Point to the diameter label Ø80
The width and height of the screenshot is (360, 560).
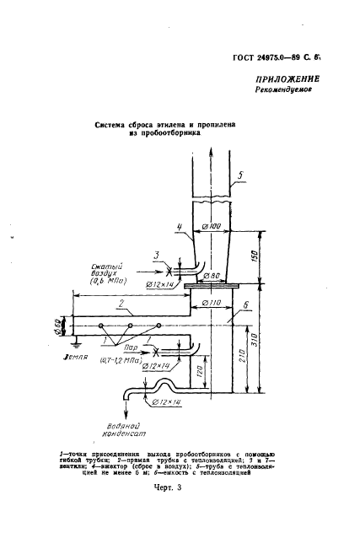coord(217,276)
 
